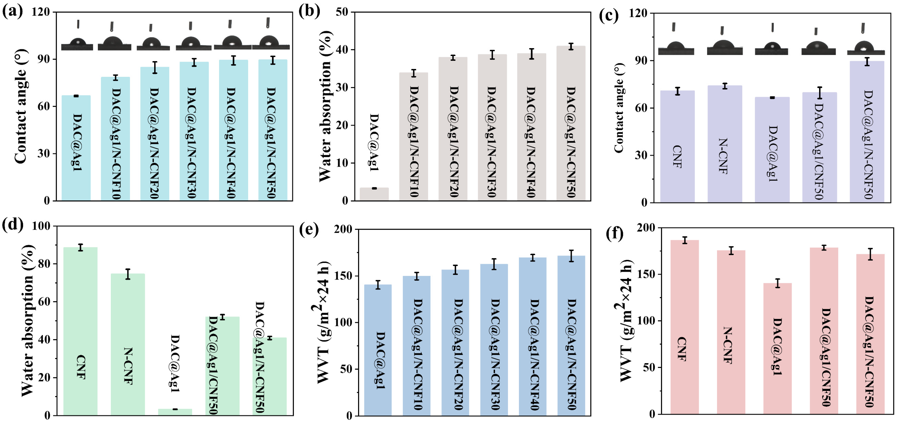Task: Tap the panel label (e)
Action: click(309, 229)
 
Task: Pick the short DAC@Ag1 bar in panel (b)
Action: click(374, 194)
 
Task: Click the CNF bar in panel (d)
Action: click(80, 331)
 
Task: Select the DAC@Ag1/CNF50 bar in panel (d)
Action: click(222, 366)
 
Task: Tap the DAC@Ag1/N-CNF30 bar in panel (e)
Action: click(494, 340)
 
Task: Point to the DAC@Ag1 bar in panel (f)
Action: click(777, 348)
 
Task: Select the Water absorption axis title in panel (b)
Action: click(325, 106)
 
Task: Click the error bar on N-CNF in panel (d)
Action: click(128, 274)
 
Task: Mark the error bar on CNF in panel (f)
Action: click(684, 240)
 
